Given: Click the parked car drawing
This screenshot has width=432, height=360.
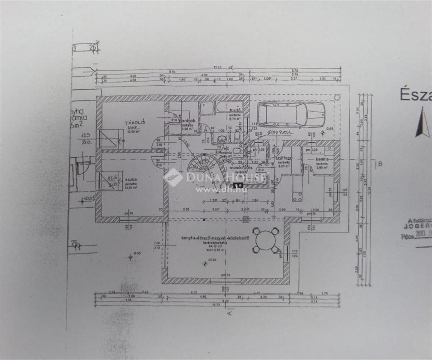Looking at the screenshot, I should [291, 114].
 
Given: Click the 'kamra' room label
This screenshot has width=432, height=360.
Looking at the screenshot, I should [321, 159].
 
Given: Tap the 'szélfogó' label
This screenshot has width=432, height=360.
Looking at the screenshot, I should [284, 158].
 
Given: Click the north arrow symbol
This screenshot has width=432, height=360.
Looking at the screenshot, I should [422, 122].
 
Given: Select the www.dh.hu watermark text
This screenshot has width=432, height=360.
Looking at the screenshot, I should [221, 189].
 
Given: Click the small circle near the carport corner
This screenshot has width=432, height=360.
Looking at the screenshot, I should [337, 97].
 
